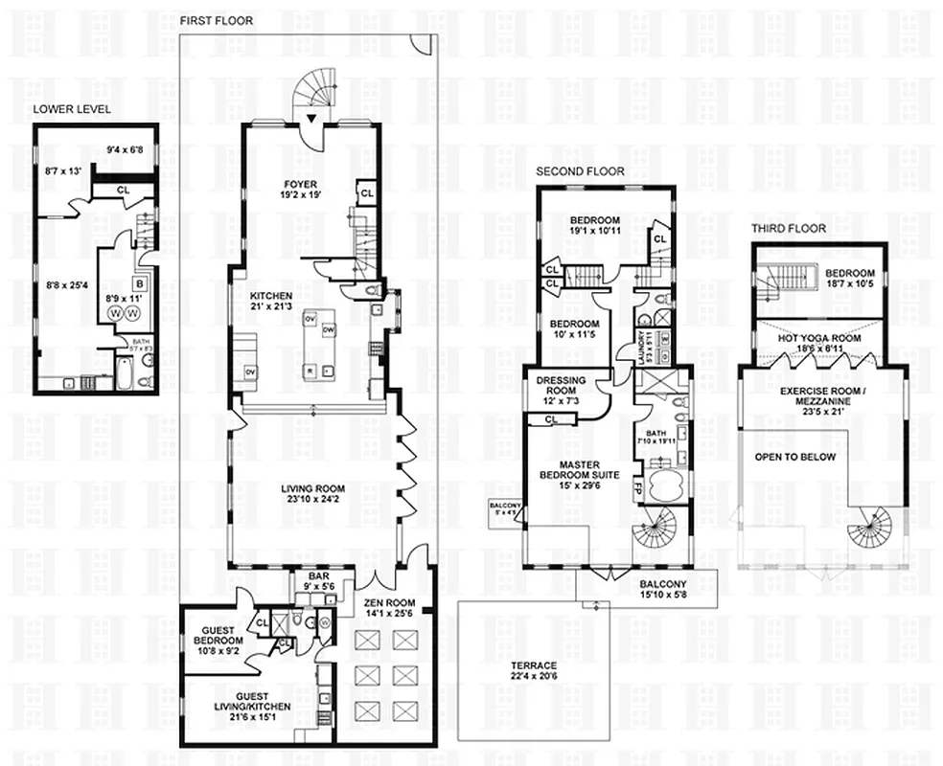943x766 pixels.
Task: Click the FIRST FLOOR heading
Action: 217,20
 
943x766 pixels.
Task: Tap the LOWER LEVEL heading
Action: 72,109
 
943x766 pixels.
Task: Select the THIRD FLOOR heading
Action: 789,229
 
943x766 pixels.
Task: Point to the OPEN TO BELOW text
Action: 794,457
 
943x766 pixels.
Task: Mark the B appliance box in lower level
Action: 139,284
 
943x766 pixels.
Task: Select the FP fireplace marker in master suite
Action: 637,485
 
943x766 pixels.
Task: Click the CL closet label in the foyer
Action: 366,192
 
